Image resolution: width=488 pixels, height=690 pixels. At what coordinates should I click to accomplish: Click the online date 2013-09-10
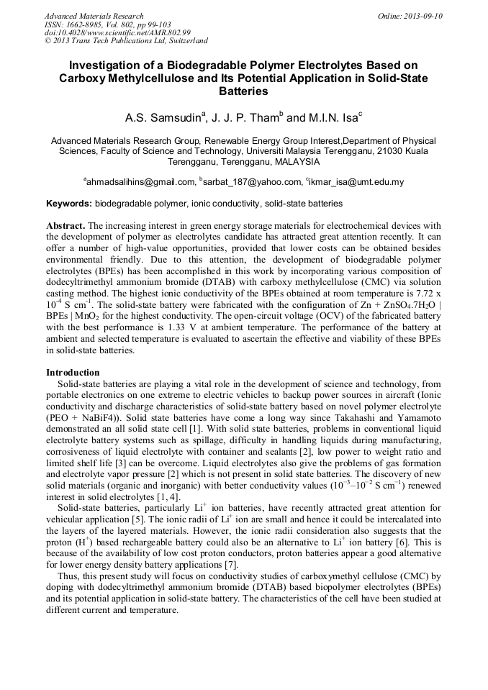(x=423, y=16)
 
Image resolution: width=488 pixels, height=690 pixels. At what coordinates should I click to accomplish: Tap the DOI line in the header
(x=117, y=32)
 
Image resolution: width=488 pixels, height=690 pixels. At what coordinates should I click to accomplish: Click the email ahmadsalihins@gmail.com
(x=141, y=182)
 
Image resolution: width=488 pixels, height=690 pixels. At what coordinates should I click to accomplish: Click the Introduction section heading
(x=73, y=372)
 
